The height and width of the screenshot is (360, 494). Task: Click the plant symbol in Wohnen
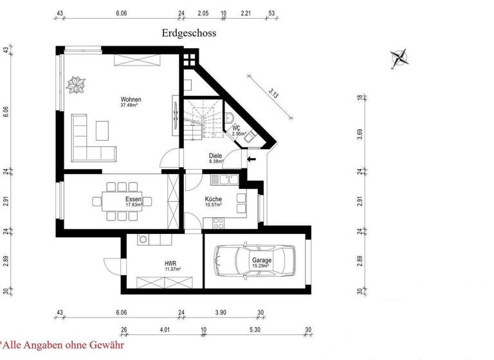(78, 84)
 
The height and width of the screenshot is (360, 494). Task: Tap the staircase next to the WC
(203, 118)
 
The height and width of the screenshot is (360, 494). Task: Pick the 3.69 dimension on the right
(360, 134)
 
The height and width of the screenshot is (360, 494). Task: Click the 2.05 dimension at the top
(203, 12)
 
